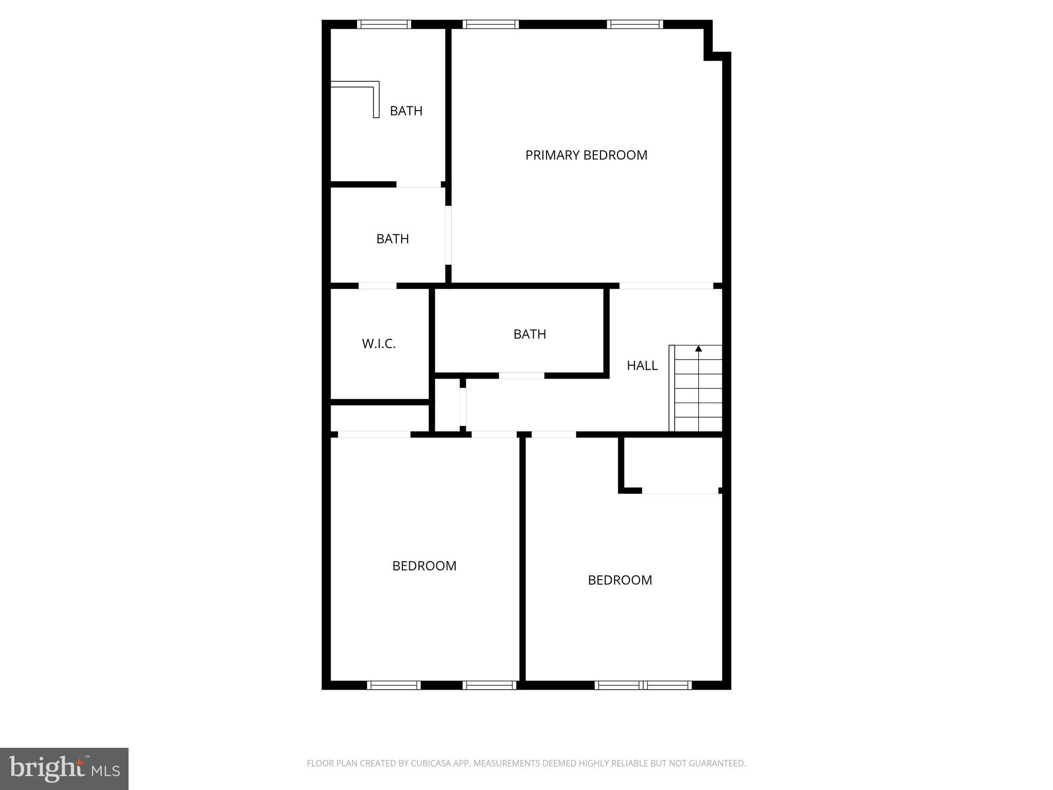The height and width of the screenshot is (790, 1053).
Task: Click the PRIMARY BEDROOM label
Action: click(586, 155)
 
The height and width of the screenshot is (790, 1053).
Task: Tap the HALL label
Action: click(642, 365)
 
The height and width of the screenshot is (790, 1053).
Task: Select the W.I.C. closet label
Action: click(378, 344)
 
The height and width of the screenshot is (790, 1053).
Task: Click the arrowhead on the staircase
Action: click(698, 349)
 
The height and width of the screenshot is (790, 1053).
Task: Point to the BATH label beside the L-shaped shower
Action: click(406, 111)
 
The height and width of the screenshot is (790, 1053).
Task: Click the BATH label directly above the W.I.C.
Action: click(392, 239)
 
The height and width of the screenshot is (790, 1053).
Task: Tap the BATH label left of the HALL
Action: click(530, 334)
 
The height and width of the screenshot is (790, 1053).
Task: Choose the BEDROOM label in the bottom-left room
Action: click(424, 566)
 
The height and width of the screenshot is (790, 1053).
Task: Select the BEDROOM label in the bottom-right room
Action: click(620, 580)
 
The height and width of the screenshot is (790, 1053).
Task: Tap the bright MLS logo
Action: click(64, 768)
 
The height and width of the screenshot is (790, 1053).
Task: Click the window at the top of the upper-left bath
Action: click(384, 24)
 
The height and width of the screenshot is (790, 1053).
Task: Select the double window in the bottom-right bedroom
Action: click(643, 685)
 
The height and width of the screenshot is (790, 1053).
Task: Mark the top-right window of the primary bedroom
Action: click(635, 24)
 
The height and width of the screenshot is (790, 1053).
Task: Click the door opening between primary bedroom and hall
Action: click(666, 285)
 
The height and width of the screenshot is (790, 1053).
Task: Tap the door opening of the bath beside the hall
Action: click(521, 375)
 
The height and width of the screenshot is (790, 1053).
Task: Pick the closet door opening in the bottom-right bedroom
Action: click(680, 491)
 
